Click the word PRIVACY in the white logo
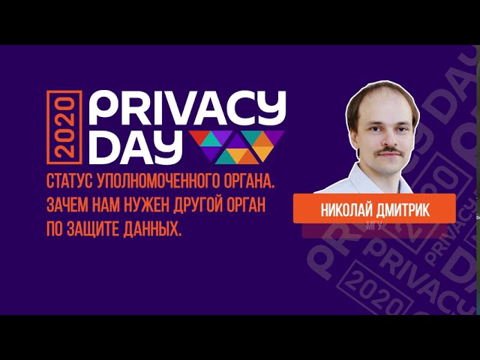(187, 108)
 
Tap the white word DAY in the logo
(135, 148)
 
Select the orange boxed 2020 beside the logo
(64, 127)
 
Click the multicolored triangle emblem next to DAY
(237, 147)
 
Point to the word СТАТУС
(70, 181)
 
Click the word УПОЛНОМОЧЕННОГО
(157, 181)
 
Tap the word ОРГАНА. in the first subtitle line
(248, 181)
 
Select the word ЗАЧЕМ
(67, 205)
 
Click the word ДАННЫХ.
(152, 229)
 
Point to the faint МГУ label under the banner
(374, 226)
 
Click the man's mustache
(389, 151)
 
